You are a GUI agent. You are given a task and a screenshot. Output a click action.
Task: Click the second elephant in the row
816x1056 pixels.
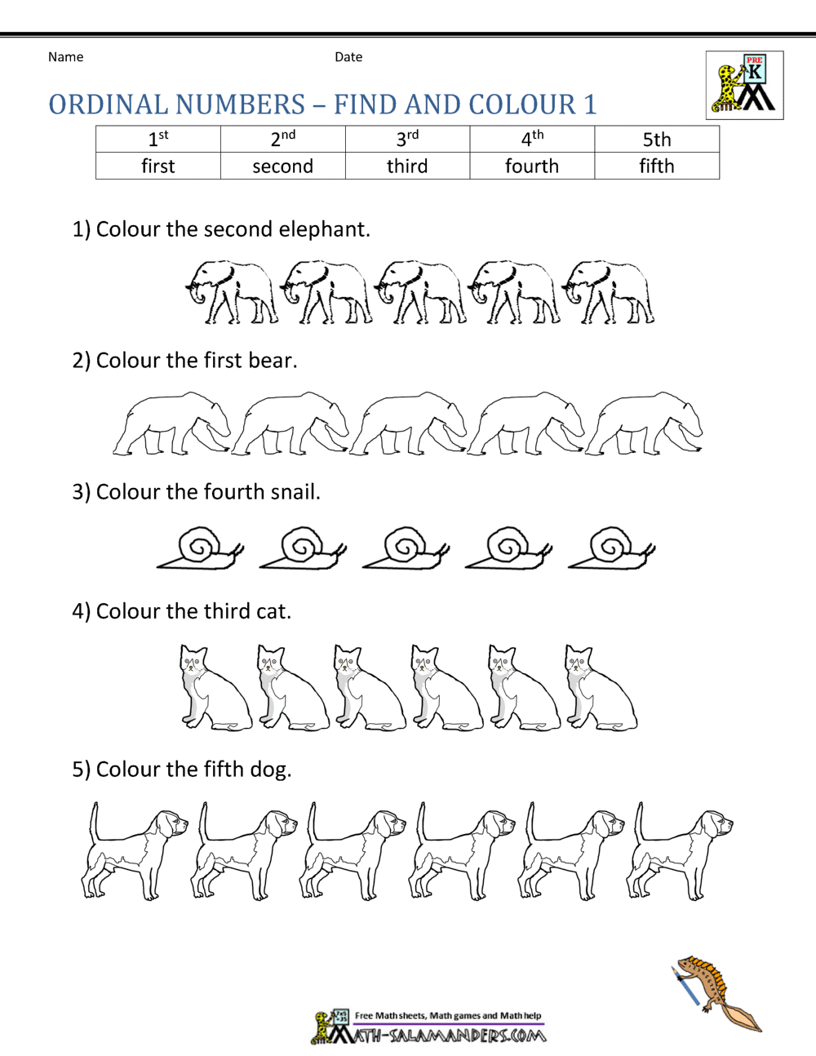tap(326, 292)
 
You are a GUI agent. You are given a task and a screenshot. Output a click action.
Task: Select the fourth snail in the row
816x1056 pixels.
tap(508, 548)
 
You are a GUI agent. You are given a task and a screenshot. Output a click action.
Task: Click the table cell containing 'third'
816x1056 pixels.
tap(407, 166)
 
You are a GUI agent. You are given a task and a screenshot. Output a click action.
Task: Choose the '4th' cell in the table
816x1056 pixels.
tap(532, 139)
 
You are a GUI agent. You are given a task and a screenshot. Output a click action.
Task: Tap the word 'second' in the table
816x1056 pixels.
tap(282, 166)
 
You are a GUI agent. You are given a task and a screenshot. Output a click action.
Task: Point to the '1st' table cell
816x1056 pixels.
tap(158, 139)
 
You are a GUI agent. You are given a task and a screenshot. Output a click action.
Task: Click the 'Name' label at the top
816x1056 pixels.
tap(65, 57)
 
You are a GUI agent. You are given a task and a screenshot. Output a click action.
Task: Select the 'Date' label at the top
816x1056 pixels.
tap(348, 57)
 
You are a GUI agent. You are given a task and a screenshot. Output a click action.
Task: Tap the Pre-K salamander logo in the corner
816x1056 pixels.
tap(744, 85)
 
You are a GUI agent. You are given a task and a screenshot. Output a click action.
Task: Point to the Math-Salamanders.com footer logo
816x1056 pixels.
tap(428, 1027)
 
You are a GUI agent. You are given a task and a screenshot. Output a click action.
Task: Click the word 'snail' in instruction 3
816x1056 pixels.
tap(292, 492)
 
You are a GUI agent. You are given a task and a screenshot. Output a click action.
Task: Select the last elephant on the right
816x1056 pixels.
tap(610, 292)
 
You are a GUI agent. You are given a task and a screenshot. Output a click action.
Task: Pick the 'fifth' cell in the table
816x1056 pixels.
tap(657, 166)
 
